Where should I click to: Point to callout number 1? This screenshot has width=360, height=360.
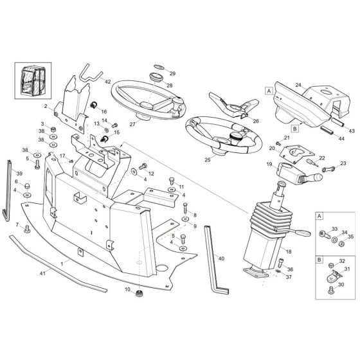point(79,264)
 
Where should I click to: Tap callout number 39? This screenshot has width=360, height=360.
point(19,174)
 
